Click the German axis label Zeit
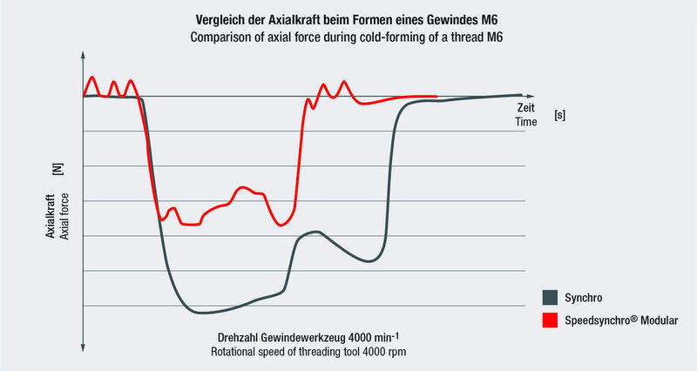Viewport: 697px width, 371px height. (525, 108)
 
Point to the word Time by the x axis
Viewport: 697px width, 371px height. (525, 122)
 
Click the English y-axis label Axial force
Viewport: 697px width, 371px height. (63, 213)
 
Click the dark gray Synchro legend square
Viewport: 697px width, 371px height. (549, 296)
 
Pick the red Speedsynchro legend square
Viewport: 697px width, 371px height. (549, 320)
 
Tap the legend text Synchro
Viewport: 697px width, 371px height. (583, 296)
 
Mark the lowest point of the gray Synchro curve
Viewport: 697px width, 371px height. (200, 313)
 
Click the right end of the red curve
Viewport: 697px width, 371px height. (436, 97)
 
